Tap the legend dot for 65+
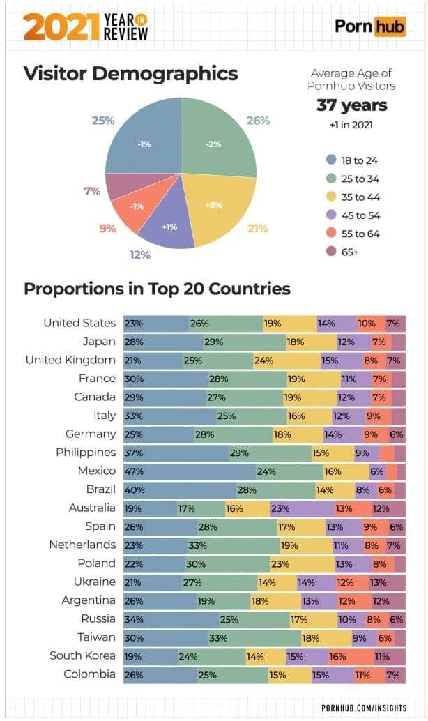point(331,252)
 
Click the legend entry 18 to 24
point(354,160)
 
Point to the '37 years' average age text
point(351,106)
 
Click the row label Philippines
point(86,453)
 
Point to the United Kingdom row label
point(70,360)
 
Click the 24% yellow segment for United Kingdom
point(286,360)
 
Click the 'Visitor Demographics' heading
point(130,74)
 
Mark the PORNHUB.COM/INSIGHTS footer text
point(364,707)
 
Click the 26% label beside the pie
point(258,121)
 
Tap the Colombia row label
point(89,674)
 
